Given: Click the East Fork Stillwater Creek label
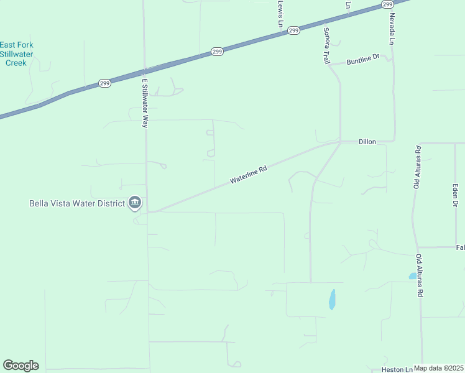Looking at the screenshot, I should [x=17, y=53].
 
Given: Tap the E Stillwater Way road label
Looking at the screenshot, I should [x=145, y=103].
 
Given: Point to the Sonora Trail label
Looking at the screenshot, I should [x=326, y=45].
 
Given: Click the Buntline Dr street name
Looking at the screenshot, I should [x=363, y=60].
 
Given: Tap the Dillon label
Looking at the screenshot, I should [x=367, y=142].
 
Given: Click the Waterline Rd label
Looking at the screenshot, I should [x=248, y=174].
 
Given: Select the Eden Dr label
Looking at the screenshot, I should [x=455, y=195].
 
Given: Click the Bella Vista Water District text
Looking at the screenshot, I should [x=77, y=203].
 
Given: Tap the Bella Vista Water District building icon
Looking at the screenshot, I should [x=135, y=203].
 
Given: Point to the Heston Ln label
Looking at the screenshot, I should [x=397, y=369].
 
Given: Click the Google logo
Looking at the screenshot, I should [x=21, y=366].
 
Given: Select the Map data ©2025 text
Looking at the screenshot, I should [x=439, y=368].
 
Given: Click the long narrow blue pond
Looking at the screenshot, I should [x=332, y=300].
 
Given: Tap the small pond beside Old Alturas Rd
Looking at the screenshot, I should [x=412, y=276].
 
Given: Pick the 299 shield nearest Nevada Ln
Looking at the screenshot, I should [x=387, y=4].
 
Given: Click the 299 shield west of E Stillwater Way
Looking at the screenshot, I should [x=104, y=83].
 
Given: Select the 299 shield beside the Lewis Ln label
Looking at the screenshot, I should [x=294, y=30].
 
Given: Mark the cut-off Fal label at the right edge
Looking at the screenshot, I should [x=460, y=247].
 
